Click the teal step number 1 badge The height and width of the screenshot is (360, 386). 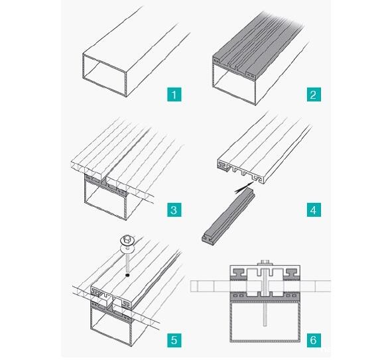pos(174,94)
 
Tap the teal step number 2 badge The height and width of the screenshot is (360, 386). pos(314,94)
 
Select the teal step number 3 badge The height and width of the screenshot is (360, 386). pos(174,210)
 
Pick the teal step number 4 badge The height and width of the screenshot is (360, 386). pos(314,210)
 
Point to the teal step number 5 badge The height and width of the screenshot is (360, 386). pos(174,340)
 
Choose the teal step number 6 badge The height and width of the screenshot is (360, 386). pos(314,340)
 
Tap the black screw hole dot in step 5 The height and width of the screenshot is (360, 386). pos(127,275)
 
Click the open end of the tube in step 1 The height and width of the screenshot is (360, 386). pos(105,75)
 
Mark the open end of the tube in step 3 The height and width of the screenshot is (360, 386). pos(105,200)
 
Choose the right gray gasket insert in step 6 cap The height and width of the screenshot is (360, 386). pos(292,272)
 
